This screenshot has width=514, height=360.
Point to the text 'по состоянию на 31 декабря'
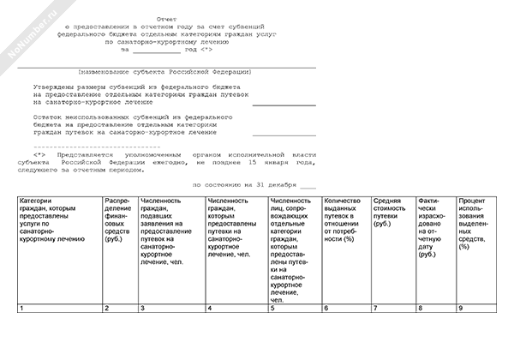pyautogui.click(x=244, y=185)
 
